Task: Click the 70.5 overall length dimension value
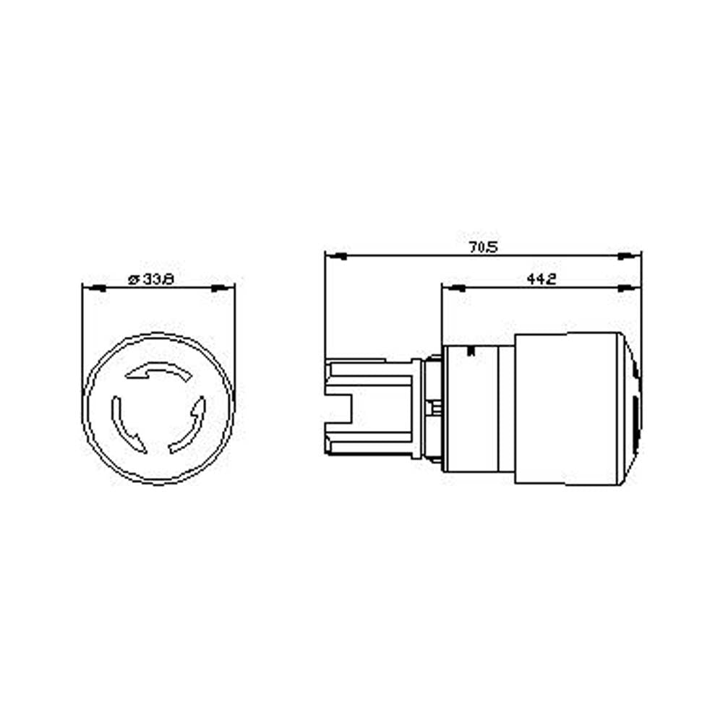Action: click(x=484, y=247)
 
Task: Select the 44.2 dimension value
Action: click(x=542, y=278)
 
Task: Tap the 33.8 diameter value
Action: click(x=158, y=279)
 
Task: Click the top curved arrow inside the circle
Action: click(x=159, y=370)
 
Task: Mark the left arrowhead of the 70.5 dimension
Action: click(x=336, y=256)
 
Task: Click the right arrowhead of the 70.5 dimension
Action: click(x=629, y=256)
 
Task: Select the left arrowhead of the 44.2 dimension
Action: click(x=453, y=288)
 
